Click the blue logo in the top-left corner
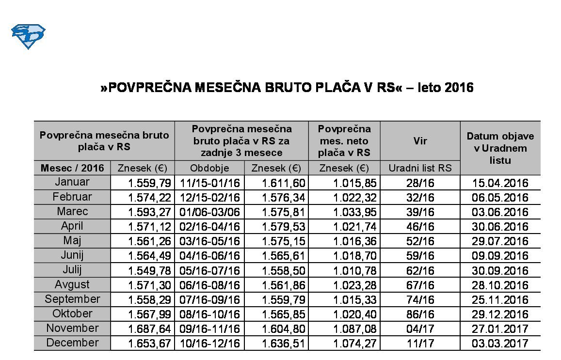[28, 37]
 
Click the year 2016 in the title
[458, 88]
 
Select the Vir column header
[420, 141]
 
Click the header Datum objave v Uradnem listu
[500, 148]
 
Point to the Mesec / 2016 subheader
[72, 168]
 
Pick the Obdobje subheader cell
[209, 168]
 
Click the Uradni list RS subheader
[420, 168]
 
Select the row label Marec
[72, 212]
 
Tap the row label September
[72, 299]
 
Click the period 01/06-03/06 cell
[209, 212]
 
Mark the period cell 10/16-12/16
[209, 344]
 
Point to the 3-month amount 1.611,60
[284, 183]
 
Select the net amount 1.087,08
[355, 329]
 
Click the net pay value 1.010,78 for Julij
[355, 270]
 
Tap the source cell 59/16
[420, 256]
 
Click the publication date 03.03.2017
[500, 344]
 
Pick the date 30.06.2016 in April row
[500, 227]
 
